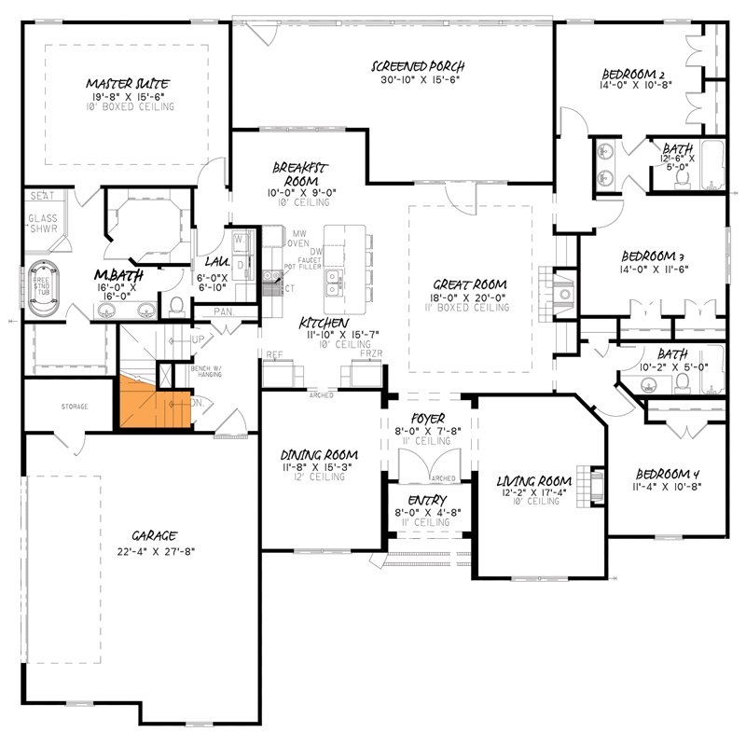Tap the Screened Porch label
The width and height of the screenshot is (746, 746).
point(418,66)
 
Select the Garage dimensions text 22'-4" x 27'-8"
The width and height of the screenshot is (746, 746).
point(155,551)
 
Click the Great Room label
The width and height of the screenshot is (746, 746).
point(470,283)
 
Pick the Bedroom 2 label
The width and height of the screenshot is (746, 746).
point(633,75)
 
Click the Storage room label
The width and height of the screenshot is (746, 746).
point(75,408)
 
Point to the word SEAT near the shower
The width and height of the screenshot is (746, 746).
point(41,197)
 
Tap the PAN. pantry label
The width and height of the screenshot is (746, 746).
point(224,311)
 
